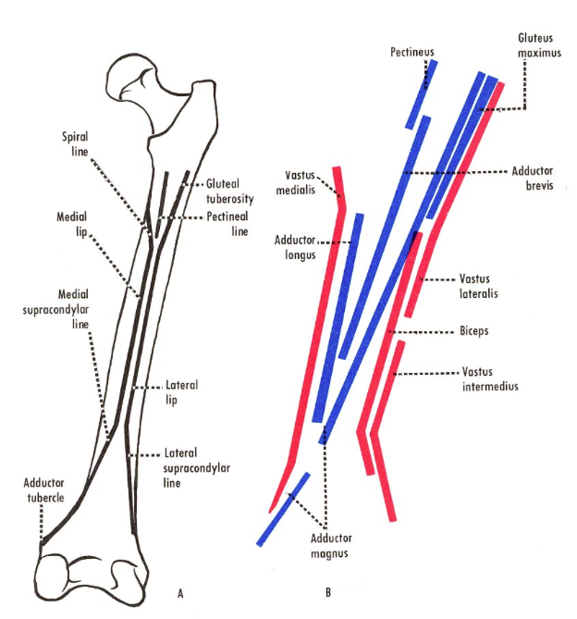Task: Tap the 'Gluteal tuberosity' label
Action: click(230, 192)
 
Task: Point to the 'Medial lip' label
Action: click(70, 225)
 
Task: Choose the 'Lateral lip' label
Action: click(182, 392)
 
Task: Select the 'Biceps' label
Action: click(476, 331)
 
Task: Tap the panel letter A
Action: click(181, 593)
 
